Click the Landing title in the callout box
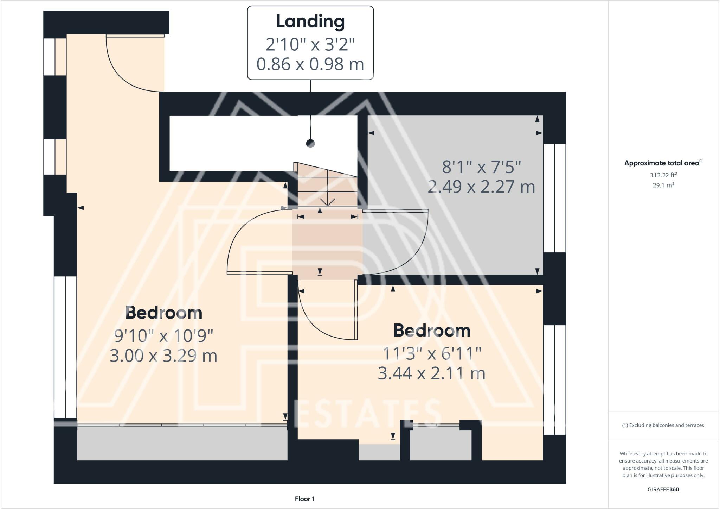coord(310,22)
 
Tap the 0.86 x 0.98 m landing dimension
coord(310,64)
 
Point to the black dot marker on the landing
coord(310,143)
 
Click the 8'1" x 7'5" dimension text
coord(481,167)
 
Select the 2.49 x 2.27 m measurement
coord(481,187)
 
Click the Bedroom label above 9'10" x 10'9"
coord(164,313)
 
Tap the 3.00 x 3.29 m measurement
coord(163,356)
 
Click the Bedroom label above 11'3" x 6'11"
coord(432,331)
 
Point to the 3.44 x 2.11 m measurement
coord(431,373)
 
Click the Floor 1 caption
coord(305,499)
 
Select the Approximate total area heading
coord(663,163)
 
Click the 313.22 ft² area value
coord(663,175)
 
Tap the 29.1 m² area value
coord(663,185)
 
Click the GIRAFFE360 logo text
coord(663,489)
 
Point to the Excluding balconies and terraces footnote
coord(663,425)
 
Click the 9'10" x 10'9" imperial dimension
coord(164,336)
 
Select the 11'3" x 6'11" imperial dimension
coord(432,354)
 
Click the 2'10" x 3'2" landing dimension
coord(310,45)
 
